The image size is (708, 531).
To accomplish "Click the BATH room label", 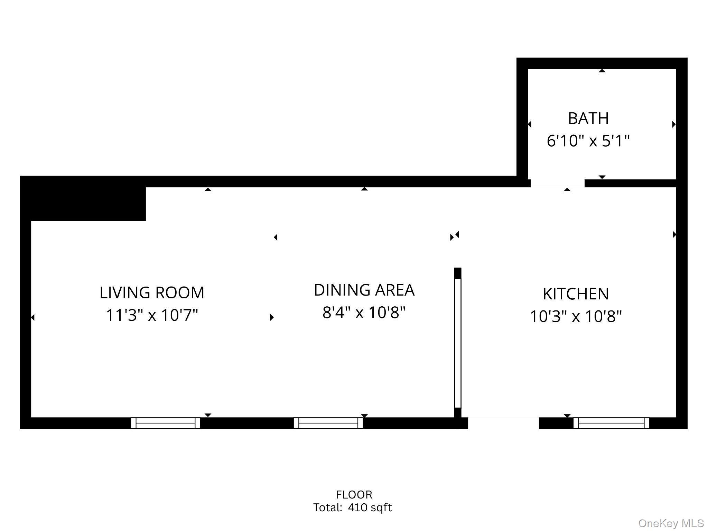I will coord(588,118).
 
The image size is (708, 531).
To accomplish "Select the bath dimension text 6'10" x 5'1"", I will coord(588,141).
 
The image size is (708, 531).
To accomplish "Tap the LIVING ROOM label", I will coord(152,293).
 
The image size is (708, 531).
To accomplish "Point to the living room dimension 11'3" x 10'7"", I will coord(152,315).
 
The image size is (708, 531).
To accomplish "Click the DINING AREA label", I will coord(364,290).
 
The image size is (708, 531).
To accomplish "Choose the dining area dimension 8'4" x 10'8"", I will coord(364,313).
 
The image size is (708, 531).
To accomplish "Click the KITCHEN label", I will coord(576,294).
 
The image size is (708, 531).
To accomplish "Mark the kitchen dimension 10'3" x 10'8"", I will coord(576,316).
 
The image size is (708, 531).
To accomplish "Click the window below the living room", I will coord(165,423).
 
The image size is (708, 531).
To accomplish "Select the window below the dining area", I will coord(328,423).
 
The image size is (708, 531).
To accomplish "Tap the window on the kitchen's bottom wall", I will coord(611,423).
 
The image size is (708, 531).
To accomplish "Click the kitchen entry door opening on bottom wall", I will coord(503,423).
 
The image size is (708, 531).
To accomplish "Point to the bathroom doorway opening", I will coord(557,183).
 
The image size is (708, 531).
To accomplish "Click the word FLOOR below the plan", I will coord(354,495).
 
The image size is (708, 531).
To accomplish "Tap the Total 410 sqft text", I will coord(352,507).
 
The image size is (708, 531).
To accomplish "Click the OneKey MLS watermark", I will coord(671,523).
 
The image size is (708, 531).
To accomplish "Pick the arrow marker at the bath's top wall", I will coord(602,71).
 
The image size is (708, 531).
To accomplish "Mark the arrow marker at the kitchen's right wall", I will coord(674,234).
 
